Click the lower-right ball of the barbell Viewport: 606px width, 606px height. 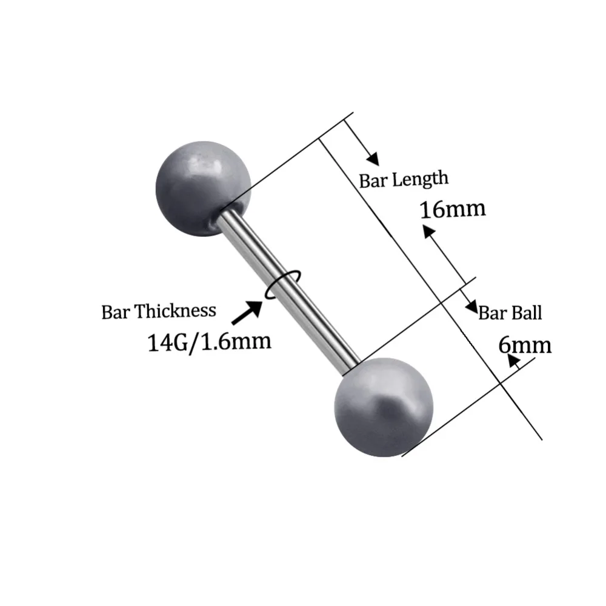(383, 406)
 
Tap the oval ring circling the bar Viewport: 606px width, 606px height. (282, 285)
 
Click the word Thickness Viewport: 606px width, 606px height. (175, 311)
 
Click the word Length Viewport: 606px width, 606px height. (421, 179)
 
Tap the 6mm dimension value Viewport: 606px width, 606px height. (525, 345)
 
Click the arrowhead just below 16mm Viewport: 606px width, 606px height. (428, 231)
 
